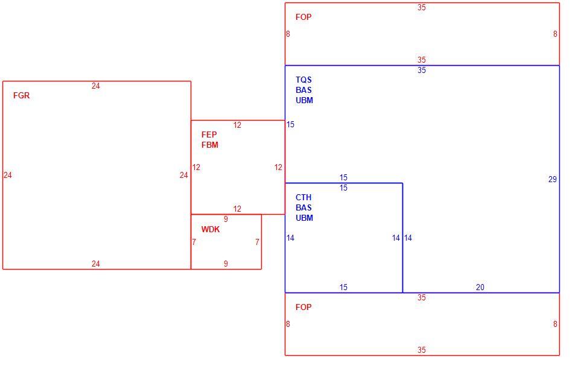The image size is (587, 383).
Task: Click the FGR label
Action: coord(21,95)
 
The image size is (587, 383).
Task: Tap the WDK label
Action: coord(211,230)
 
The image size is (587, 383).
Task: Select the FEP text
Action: coord(209,135)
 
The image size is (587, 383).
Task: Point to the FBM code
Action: coord(210,145)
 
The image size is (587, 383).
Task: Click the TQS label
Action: coord(303,80)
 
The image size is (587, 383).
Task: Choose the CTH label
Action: coord(303,197)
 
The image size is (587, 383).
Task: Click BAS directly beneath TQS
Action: coord(303,90)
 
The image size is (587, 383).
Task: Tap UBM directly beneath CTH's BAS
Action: coord(304,218)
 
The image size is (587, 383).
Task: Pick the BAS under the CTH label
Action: coord(303,208)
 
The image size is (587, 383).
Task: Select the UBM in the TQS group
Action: coord(304,100)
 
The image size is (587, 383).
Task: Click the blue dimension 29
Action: coord(553,179)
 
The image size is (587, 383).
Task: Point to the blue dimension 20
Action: coord(480,287)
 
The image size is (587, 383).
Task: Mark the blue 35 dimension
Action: coord(422,70)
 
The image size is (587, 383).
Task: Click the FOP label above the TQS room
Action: coord(303,17)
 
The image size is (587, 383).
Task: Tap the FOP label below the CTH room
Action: coord(303,307)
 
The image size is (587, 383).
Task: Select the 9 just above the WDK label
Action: coord(226,219)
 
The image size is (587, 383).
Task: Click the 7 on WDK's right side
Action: coord(257,242)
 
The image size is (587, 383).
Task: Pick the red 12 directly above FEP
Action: coord(237,125)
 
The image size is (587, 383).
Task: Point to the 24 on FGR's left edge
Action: coord(8,175)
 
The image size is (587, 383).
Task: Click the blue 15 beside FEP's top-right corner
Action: coord(291,124)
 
